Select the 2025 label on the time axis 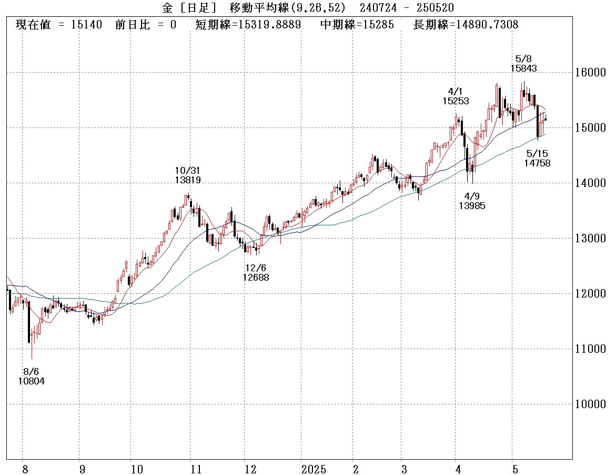click(314, 469)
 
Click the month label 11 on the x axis click(195, 469)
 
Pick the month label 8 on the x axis click(25, 469)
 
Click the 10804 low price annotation click(31, 381)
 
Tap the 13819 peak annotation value click(188, 180)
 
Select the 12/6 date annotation click(256, 268)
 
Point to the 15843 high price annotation click(523, 68)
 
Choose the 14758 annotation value click(537, 163)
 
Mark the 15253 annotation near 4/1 click(456, 101)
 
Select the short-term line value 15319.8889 click(270, 25)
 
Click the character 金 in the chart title click(167, 7)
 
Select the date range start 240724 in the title click(377, 7)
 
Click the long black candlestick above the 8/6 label click(29, 321)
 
